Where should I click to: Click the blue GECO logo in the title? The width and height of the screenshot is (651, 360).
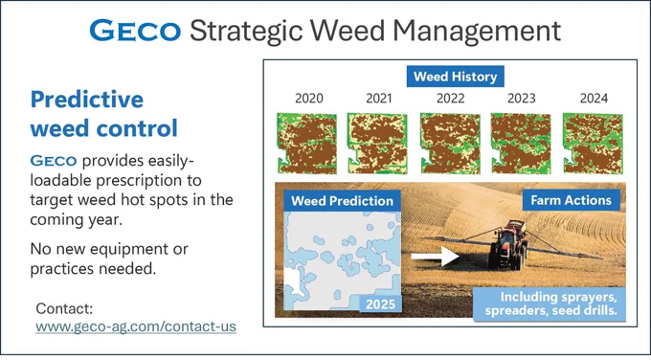[135, 31]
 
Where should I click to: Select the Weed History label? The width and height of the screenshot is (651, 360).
[455, 77]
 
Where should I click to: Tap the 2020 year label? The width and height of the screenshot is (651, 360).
[309, 99]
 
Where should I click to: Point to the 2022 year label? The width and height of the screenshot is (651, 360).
[451, 99]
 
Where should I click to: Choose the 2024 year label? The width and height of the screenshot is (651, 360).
[594, 99]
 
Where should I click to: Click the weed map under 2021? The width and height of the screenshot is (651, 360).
[377, 144]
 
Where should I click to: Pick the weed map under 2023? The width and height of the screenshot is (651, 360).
[521, 144]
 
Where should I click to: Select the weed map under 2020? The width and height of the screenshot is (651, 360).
[307, 144]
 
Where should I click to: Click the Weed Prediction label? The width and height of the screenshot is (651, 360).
[342, 201]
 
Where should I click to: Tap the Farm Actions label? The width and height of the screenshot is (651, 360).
[572, 200]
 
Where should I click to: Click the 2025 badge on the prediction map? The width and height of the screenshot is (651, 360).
[380, 304]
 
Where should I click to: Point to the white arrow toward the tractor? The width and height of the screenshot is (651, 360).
[435, 257]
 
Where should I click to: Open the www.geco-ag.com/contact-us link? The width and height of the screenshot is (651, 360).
[136, 326]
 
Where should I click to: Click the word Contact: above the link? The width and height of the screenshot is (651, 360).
[64, 308]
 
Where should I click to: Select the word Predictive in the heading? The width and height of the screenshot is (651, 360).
[87, 100]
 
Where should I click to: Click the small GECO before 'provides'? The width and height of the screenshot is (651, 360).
[54, 161]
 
